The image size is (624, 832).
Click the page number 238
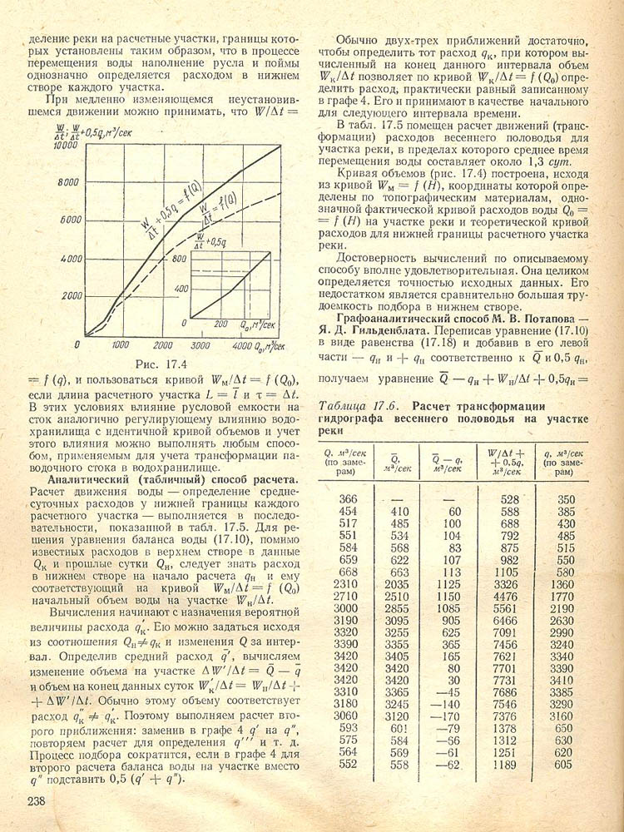click(x=36, y=801)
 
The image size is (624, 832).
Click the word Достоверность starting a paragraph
click(x=379, y=259)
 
